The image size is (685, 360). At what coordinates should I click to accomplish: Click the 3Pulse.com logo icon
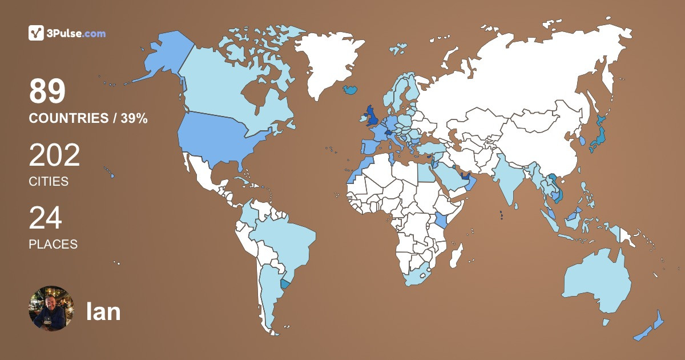tap(36, 33)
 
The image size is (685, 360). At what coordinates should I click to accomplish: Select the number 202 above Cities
tap(54, 155)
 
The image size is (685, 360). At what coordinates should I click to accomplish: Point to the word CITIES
tap(49, 182)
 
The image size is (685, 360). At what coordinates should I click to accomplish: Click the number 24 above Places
tap(45, 218)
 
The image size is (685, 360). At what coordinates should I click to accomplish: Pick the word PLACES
tap(53, 244)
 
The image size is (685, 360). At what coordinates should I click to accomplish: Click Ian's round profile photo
tap(51, 309)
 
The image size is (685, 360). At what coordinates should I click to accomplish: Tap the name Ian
tap(103, 311)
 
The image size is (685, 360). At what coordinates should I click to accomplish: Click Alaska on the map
tap(160, 57)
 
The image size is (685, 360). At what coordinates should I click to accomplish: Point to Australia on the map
tap(597, 280)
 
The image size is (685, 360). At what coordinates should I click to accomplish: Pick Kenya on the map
tap(441, 221)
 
